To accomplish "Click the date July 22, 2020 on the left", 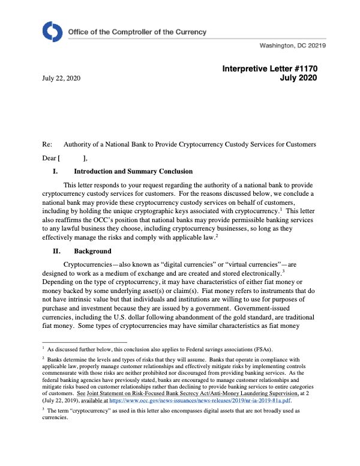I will point(61,79).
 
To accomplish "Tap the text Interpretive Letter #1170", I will point(269,69).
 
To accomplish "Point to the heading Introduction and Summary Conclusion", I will point(133,171).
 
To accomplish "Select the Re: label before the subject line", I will point(47,145).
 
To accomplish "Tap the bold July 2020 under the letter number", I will point(298,79).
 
